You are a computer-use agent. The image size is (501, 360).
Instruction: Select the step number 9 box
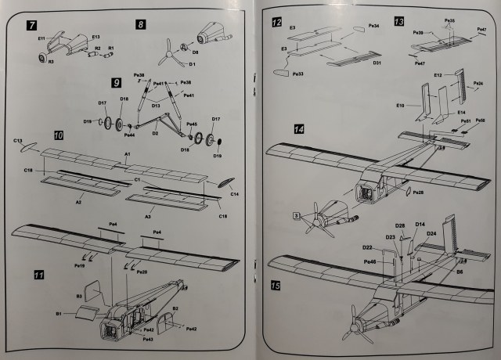tap(116, 81)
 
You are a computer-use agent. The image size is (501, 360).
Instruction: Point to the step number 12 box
tap(276, 22)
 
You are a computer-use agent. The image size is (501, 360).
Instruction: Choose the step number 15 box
tap(275, 286)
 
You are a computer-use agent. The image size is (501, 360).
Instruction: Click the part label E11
tap(41, 38)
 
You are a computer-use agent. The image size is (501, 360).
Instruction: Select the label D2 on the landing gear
tap(155, 133)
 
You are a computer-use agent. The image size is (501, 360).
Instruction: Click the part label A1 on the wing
tap(127, 155)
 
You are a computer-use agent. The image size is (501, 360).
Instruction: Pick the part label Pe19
tap(79, 265)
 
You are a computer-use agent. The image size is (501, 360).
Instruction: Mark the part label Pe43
tap(148, 340)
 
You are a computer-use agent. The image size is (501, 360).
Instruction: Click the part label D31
tap(377, 62)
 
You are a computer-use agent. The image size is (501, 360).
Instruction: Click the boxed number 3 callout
tap(297, 214)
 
